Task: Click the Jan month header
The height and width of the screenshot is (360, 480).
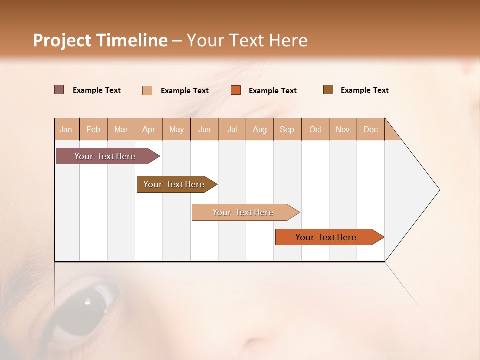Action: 66,129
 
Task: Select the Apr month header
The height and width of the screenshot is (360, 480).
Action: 149,129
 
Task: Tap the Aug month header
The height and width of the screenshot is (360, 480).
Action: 260,129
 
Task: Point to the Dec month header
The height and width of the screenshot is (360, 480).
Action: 370,129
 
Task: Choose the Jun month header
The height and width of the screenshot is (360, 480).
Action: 204,129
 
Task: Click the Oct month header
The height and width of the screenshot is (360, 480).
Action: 315,129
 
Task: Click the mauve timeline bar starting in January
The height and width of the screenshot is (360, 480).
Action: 105,156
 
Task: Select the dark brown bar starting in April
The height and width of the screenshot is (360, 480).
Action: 174,184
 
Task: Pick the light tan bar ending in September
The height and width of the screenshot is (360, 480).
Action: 243,212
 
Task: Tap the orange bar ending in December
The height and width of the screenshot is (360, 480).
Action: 326,237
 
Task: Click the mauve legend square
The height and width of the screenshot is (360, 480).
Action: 59,90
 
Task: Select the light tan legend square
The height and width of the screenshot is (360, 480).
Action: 147,90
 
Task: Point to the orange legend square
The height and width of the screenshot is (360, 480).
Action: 236,90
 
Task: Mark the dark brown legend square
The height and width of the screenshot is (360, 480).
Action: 328,90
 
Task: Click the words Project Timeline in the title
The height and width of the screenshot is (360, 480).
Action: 100,40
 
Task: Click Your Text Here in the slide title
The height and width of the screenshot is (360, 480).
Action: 247,40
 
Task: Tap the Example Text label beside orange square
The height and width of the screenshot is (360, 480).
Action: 273,91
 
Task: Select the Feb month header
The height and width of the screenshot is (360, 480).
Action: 93,129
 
